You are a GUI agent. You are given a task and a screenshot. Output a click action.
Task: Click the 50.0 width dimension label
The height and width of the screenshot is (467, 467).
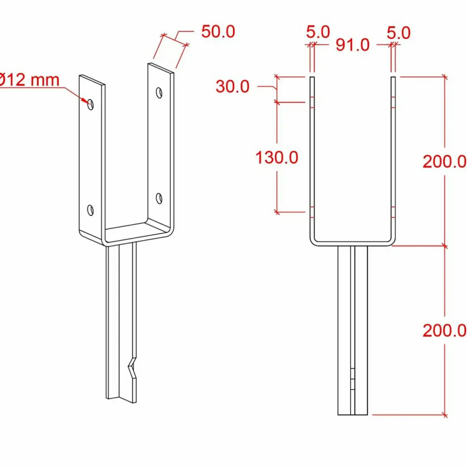click(x=218, y=32)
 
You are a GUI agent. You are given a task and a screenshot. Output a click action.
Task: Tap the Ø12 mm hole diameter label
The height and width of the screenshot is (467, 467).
click(x=29, y=80)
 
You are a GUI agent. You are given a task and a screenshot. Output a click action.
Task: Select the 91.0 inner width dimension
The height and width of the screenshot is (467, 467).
click(x=353, y=45)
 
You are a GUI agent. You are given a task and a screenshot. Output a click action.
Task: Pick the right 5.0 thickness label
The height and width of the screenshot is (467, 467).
click(x=398, y=33)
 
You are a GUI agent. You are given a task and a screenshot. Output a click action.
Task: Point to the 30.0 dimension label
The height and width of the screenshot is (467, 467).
click(x=232, y=87)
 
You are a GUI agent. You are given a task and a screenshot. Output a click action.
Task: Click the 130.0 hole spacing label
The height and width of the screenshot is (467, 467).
click(x=277, y=157)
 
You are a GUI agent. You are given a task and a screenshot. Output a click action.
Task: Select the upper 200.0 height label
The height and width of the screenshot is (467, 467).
click(x=444, y=162)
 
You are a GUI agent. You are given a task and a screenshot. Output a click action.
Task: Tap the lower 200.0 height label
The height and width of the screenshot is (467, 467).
click(x=444, y=331)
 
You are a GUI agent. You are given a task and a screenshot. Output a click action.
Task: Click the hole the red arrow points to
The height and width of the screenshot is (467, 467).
click(x=91, y=104)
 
